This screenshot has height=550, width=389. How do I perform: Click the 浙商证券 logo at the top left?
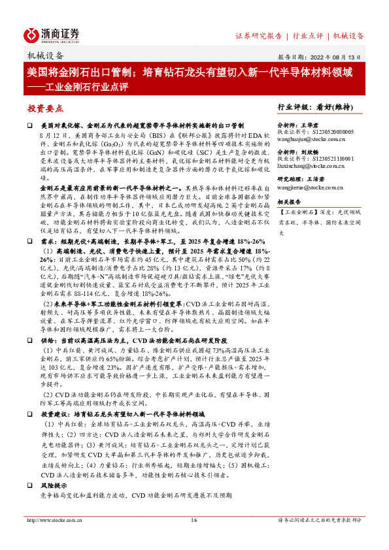(x=52, y=35)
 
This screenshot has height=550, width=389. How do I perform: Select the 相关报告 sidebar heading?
(x=292, y=203)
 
